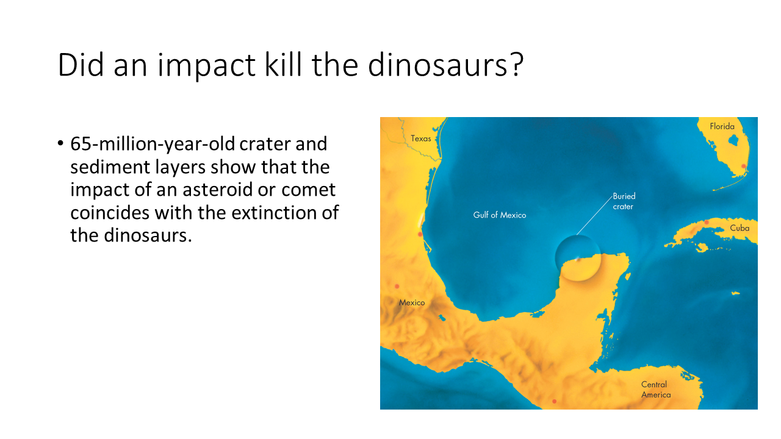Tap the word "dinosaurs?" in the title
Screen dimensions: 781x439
click(445, 65)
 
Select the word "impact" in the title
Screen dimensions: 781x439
click(206, 67)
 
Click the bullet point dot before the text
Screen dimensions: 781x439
click(60, 143)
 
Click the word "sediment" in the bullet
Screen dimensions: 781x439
click(109, 167)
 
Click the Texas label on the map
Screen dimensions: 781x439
click(421, 138)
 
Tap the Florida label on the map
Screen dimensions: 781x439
click(722, 126)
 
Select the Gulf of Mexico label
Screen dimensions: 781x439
click(500, 215)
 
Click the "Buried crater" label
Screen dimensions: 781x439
click(624, 201)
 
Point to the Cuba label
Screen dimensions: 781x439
click(740, 228)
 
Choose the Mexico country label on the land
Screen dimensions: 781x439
click(412, 302)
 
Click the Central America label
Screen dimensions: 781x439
click(656, 390)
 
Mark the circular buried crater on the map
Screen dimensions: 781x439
click(578, 258)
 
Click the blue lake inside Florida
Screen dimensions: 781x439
click(733, 140)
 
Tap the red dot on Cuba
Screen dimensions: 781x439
click(707, 223)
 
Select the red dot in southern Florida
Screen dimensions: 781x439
click(743, 166)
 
